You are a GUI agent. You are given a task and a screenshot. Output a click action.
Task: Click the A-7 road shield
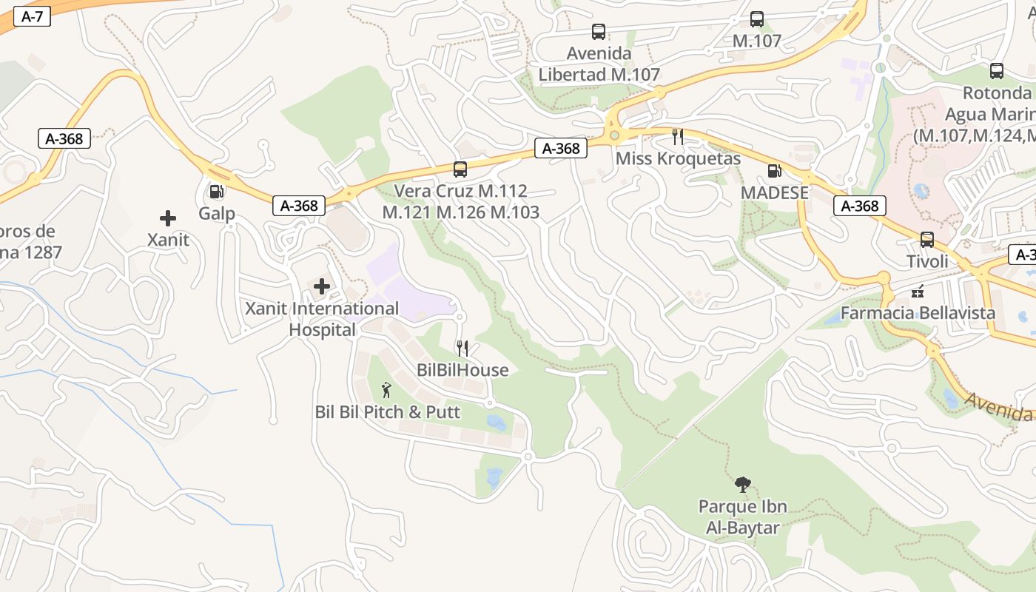click(32, 17)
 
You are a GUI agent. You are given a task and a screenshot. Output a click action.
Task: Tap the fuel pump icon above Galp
click(216, 192)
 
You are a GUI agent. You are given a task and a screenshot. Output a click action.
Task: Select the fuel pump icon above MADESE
click(774, 171)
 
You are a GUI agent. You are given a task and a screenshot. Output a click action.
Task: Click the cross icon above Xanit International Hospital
click(322, 286)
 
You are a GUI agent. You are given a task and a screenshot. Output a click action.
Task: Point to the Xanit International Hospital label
click(322, 319)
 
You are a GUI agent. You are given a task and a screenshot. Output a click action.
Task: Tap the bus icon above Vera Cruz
click(460, 169)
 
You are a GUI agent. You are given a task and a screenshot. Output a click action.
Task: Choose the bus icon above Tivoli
click(926, 240)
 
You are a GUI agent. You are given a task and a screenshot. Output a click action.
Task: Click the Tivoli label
click(927, 261)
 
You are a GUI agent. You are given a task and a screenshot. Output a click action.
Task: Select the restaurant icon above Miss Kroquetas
click(677, 136)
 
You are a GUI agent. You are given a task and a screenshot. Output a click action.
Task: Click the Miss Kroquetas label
click(678, 159)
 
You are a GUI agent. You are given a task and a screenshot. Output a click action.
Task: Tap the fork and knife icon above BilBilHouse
click(462, 349)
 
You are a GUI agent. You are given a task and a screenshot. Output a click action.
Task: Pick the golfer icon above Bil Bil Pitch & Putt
click(386, 390)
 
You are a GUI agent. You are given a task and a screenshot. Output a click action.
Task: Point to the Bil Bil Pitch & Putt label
click(388, 412)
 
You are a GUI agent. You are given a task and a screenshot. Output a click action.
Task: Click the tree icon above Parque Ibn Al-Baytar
click(743, 485)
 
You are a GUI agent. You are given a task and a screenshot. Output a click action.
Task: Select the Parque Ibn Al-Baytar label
click(743, 517)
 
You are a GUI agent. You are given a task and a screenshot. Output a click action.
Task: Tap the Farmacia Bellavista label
click(918, 313)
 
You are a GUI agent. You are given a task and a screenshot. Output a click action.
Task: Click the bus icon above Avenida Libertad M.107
click(599, 32)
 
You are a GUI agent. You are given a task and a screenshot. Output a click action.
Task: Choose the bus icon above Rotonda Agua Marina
click(997, 72)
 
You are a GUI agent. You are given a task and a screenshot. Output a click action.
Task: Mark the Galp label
click(216, 214)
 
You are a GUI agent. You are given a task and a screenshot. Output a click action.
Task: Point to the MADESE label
click(775, 192)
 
